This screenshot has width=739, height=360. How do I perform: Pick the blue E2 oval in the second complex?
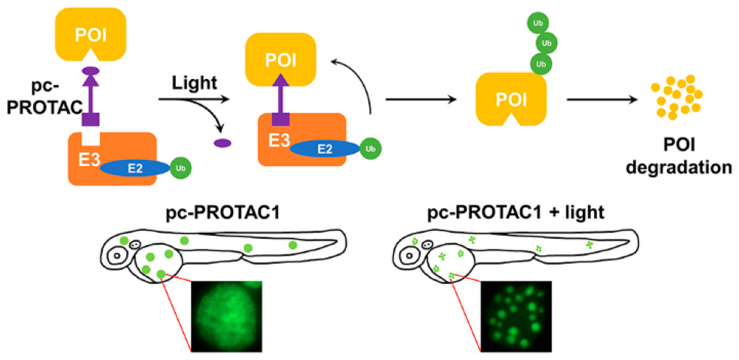tap(324, 149)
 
